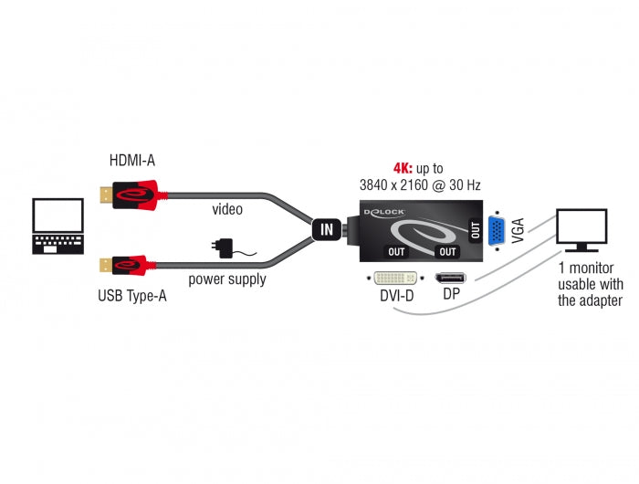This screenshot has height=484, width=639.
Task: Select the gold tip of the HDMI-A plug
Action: (x=104, y=195)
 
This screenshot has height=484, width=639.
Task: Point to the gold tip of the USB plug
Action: (x=104, y=267)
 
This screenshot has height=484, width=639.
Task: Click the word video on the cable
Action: (x=226, y=210)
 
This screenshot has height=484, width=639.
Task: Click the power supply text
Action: (x=227, y=279)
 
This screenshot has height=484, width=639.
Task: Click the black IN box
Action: (x=327, y=229)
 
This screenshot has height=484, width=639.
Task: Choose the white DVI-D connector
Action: (x=393, y=276)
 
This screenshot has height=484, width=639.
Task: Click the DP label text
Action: (x=450, y=295)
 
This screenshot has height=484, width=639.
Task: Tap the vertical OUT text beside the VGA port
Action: (x=475, y=229)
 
